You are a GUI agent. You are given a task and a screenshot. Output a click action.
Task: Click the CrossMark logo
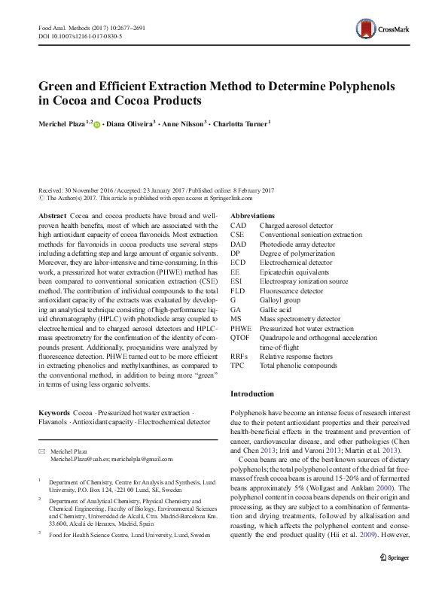coord(384,31)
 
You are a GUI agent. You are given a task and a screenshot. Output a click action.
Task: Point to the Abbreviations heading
coord(252,216)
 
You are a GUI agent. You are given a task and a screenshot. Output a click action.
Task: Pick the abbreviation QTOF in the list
coord(240,338)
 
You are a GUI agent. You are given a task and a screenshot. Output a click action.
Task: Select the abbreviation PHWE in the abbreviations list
coord(241,329)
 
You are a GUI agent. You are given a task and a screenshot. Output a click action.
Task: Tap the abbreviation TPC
coord(238,366)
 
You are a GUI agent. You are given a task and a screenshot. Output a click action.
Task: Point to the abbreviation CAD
coord(238,226)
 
